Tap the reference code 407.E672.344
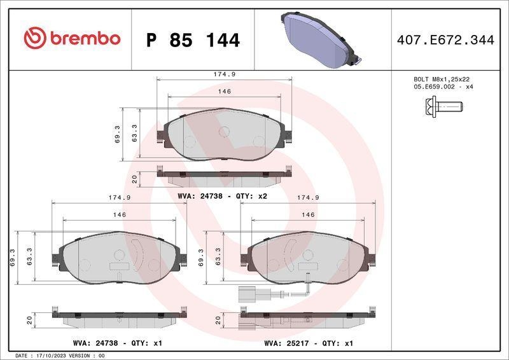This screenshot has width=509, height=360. (x=445, y=40)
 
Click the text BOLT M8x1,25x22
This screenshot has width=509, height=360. (x=442, y=79)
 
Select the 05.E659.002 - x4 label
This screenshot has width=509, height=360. (x=442, y=87)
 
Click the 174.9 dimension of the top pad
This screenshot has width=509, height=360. (x=224, y=74)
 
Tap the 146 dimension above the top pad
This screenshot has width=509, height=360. (x=224, y=92)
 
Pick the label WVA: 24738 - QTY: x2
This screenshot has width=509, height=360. (x=222, y=197)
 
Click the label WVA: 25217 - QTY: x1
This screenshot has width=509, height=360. (x=309, y=343)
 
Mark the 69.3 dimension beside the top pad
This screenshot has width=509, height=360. (x=117, y=134)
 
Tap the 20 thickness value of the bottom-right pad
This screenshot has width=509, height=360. (x=218, y=319)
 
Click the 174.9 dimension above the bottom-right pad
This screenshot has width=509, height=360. (x=309, y=198)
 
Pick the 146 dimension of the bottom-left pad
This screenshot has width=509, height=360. (x=119, y=215)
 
